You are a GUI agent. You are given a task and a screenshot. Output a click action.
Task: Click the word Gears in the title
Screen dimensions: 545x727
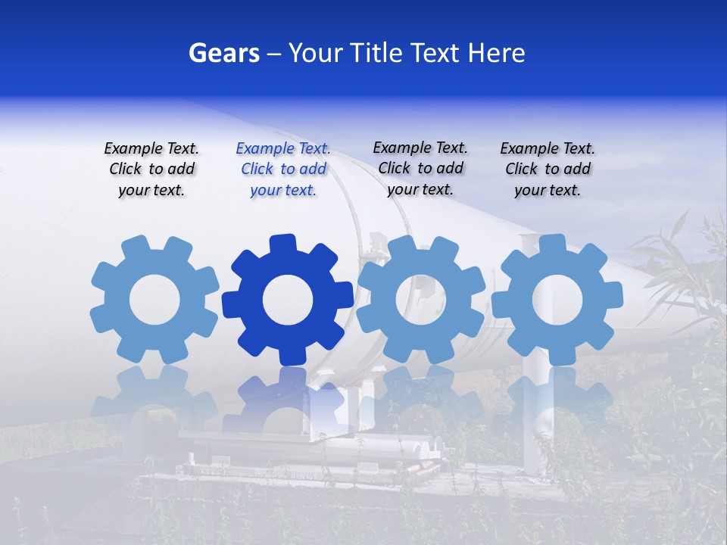pyautogui.click(x=223, y=53)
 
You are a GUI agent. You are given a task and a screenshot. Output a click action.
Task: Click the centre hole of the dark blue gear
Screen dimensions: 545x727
pyautogui.click(x=288, y=301)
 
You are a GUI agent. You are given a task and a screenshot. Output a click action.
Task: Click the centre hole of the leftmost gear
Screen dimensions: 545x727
pyautogui.click(x=154, y=301)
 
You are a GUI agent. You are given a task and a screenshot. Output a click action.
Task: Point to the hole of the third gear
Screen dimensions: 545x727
pyautogui.click(x=420, y=299)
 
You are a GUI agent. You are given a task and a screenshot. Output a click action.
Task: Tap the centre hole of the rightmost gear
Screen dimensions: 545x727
pyautogui.click(x=557, y=299)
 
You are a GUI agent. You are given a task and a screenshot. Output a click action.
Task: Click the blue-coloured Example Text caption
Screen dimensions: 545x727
pyautogui.click(x=283, y=170)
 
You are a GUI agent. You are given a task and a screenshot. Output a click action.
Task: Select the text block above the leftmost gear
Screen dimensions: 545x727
pyautogui.click(x=151, y=170)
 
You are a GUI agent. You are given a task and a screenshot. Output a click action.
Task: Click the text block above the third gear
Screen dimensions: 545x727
pyautogui.click(x=420, y=168)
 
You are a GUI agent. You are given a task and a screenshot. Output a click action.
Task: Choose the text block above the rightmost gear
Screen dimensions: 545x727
pyautogui.click(x=548, y=170)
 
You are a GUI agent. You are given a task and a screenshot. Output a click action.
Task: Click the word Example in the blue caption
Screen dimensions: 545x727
pyautogui.click(x=263, y=149)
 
